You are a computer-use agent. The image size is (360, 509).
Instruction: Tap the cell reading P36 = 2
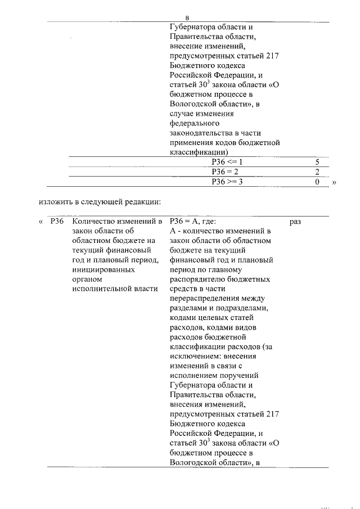[x=225, y=172]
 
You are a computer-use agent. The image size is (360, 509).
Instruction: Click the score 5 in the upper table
[x=317, y=161]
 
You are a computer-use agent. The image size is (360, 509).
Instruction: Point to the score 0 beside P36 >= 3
[x=317, y=182]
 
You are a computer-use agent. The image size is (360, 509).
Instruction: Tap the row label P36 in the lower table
[x=56, y=222]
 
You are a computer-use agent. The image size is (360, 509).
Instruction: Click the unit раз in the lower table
[x=296, y=222]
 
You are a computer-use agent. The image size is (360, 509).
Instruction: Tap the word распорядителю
[x=199, y=279]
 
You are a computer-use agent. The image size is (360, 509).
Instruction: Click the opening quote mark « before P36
[x=41, y=222]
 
